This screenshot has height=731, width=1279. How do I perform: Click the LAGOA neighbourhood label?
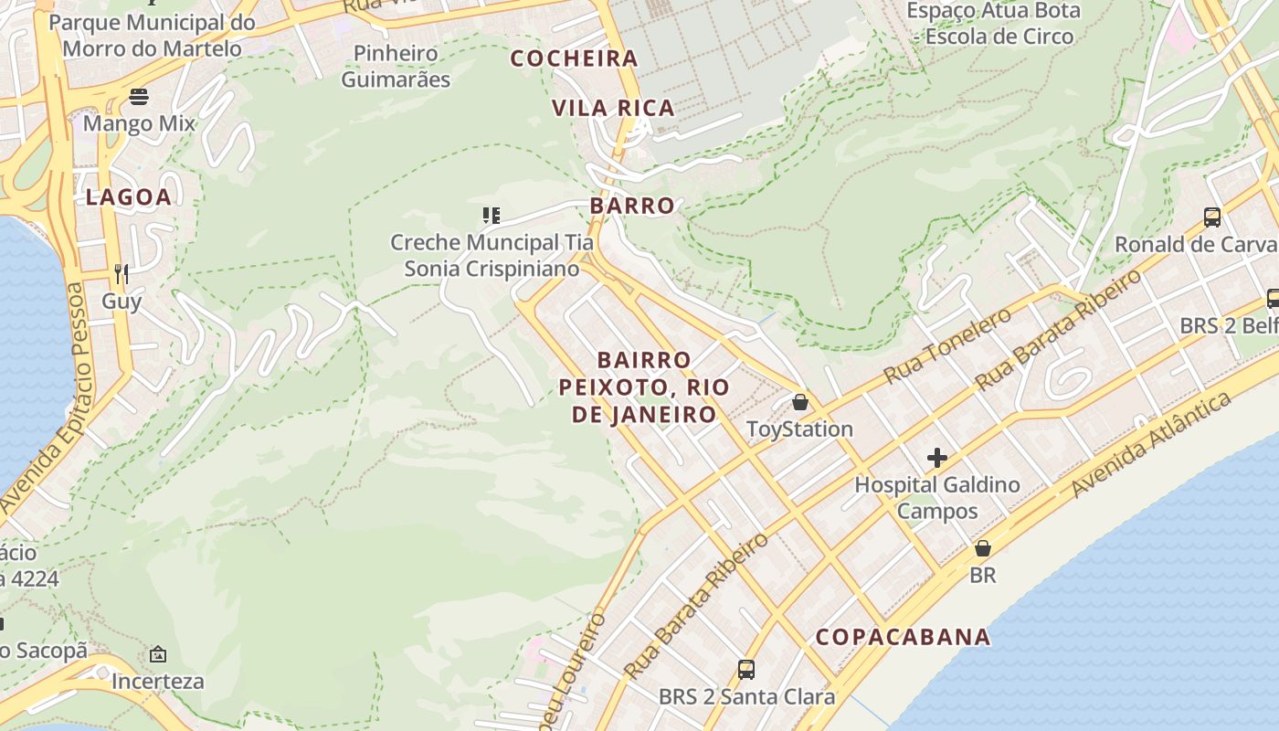pyautogui.click(x=128, y=197)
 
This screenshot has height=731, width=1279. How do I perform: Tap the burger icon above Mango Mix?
pyautogui.click(x=139, y=96)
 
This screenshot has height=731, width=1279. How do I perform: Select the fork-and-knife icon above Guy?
pyautogui.click(x=122, y=273)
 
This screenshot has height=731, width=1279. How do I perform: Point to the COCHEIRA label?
pyautogui.click(x=574, y=59)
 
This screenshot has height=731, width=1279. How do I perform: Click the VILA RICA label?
pyautogui.click(x=613, y=108)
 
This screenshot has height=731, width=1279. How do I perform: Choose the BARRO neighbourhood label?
pyautogui.click(x=632, y=206)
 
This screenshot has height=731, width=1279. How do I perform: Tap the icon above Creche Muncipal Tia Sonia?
pyautogui.click(x=492, y=216)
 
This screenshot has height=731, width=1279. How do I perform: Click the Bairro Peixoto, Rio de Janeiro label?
pyautogui.click(x=644, y=387)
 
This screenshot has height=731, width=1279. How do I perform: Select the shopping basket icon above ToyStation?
pyautogui.click(x=800, y=402)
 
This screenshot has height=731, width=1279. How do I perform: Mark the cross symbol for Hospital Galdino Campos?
pyautogui.click(x=936, y=458)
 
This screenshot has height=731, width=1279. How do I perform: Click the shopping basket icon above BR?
pyautogui.click(x=983, y=548)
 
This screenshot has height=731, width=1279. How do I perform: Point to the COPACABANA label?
pyautogui.click(x=903, y=637)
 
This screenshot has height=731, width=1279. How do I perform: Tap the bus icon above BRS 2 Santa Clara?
pyautogui.click(x=746, y=670)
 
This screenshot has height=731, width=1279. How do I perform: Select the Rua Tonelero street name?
pyautogui.click(x=947, y=346)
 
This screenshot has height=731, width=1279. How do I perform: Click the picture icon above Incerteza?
pyautogui.click(x=158, y=654)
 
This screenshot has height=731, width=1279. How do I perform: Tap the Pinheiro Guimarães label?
pyautogui.click(x=396, y=66)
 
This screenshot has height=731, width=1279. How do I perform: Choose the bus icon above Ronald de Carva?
pyautogui.click(x=1212, y=217)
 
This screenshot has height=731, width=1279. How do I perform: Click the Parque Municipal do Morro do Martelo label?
pyautogui.click(x=152, y=35)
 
